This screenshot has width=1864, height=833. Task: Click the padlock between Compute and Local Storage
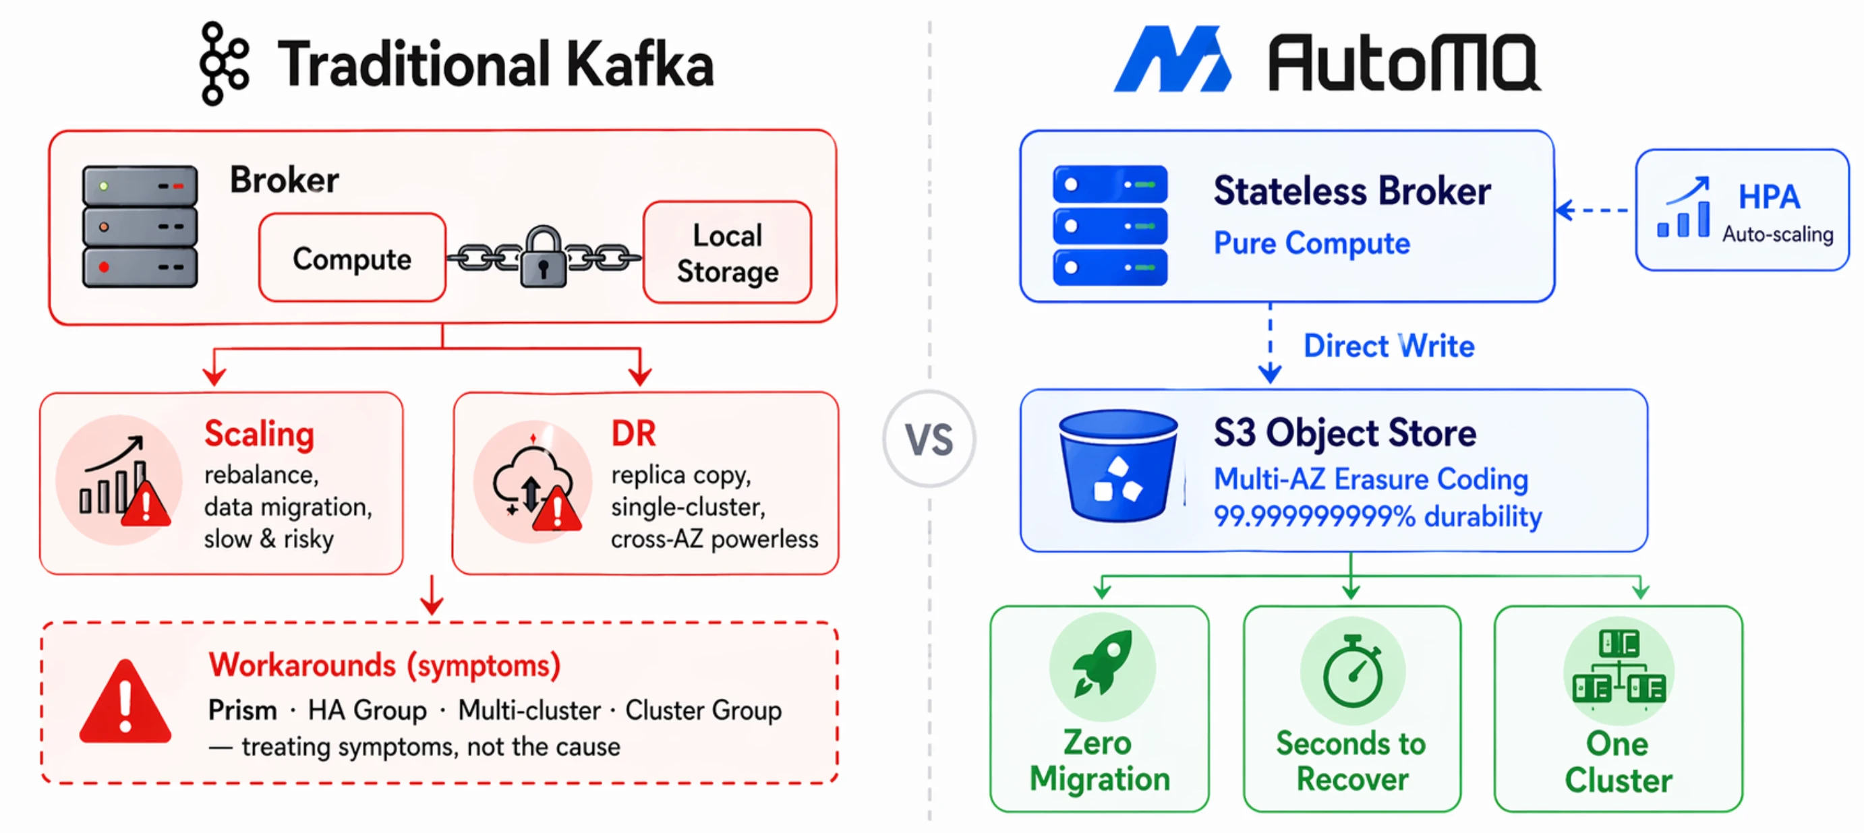(543, 257)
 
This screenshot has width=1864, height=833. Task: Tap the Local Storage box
(727, 253)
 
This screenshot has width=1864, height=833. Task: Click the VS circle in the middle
(929, 439)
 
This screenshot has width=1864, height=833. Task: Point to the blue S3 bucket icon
(1117, 466)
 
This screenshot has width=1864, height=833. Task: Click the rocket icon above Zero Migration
(1102, 664)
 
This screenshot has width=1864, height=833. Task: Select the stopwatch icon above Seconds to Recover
(1352, 671)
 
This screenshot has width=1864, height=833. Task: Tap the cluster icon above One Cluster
(1618, 668)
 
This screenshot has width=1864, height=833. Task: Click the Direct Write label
(1389, 346)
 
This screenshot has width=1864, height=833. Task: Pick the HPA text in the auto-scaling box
(1768, 197)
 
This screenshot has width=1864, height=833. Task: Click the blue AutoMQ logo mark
(1171, 59)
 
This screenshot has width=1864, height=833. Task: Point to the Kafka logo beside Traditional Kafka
(224, 63)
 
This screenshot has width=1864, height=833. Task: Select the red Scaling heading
(259, 434)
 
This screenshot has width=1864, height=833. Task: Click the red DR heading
(633, 434)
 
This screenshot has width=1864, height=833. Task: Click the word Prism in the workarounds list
(242, 710)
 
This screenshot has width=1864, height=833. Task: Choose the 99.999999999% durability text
(1377, 516)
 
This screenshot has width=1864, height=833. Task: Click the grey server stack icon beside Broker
(140, 226)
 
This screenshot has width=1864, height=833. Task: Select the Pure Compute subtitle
(1311, 243)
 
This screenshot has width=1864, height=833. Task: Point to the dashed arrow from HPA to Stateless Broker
(1594, 210)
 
